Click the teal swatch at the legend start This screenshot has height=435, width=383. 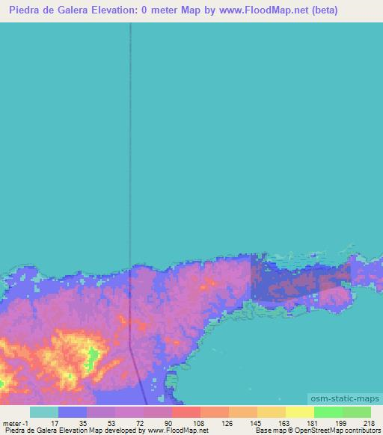pyautogui.click(x=44, y=412)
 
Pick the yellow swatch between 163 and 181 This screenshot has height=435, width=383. pyautogui.click(x=299, y=412)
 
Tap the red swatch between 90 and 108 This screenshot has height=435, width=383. pyautogui.click(x=186, y=412)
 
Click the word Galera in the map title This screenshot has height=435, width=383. pyautogui.click(x=101, y=10)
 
